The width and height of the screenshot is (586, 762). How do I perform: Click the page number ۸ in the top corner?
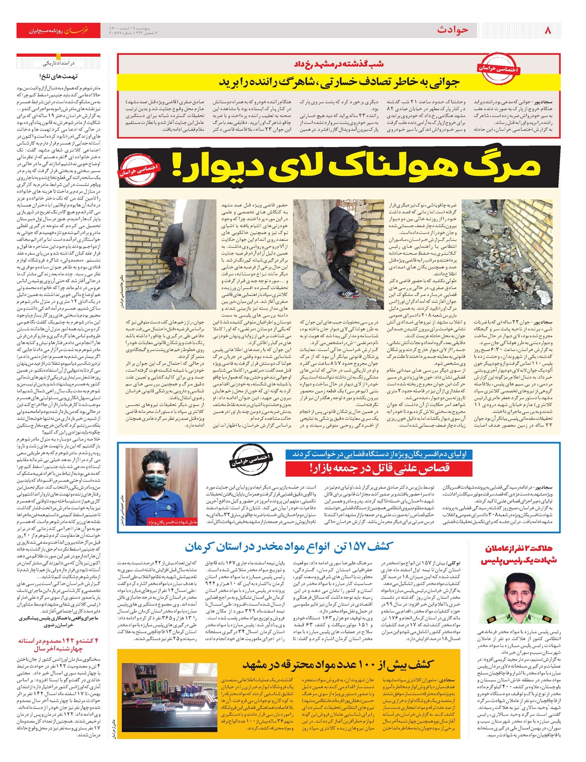coord(547,30)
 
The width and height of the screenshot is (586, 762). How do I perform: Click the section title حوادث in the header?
coord(453,30)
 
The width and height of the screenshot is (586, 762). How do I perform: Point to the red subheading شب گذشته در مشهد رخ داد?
coord(338,64)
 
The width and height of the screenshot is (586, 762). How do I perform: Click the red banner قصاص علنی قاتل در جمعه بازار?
coord(379,468)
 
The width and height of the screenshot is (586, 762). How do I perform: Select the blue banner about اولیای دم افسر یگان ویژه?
coord(379,454)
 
